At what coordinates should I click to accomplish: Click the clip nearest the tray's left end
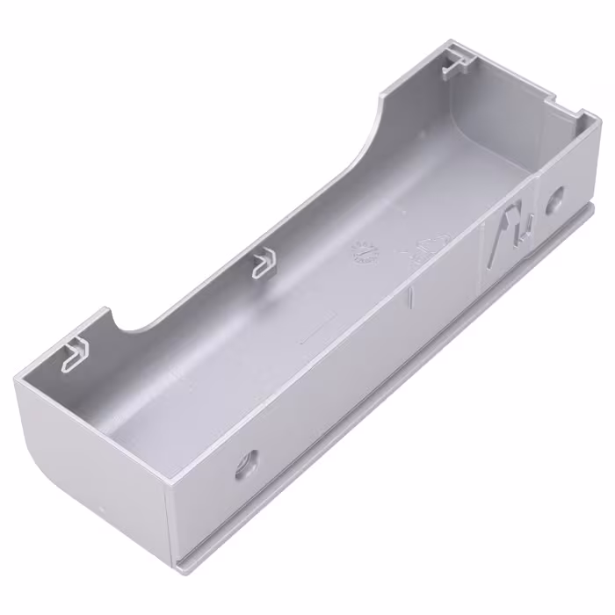(x=76, y=352)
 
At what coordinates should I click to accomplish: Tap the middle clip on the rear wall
(x=263, y=262)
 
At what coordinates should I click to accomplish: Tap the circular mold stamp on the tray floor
(x=364, y=253)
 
